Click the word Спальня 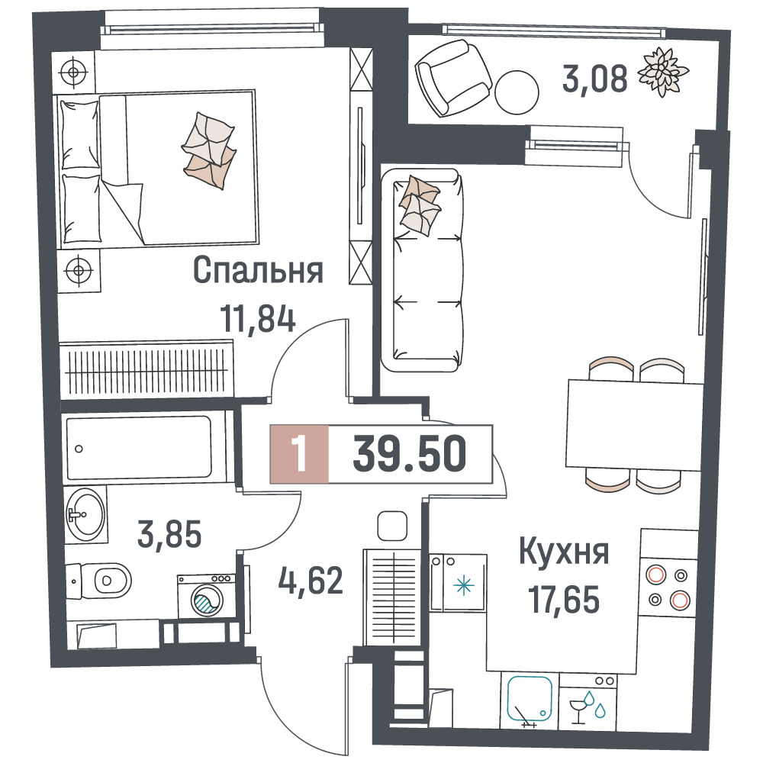coord(258,270)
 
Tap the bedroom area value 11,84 coord(257,318)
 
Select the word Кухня coord(564,552)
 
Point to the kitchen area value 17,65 coord(564,600)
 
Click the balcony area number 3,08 coord(594,79)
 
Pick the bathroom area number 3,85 coord(169,534)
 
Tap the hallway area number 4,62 coord(311,580)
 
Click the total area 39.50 coord(409,454)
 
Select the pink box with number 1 coord(299,454)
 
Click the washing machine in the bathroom coord(206,597)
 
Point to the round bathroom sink coord(85,513)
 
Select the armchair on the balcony coord(452,78)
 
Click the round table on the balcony coord(517,92)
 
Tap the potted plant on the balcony coord(663,72)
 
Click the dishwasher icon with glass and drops coord(588,701)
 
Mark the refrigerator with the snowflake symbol coord(458,583)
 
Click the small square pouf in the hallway coord(392,526)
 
